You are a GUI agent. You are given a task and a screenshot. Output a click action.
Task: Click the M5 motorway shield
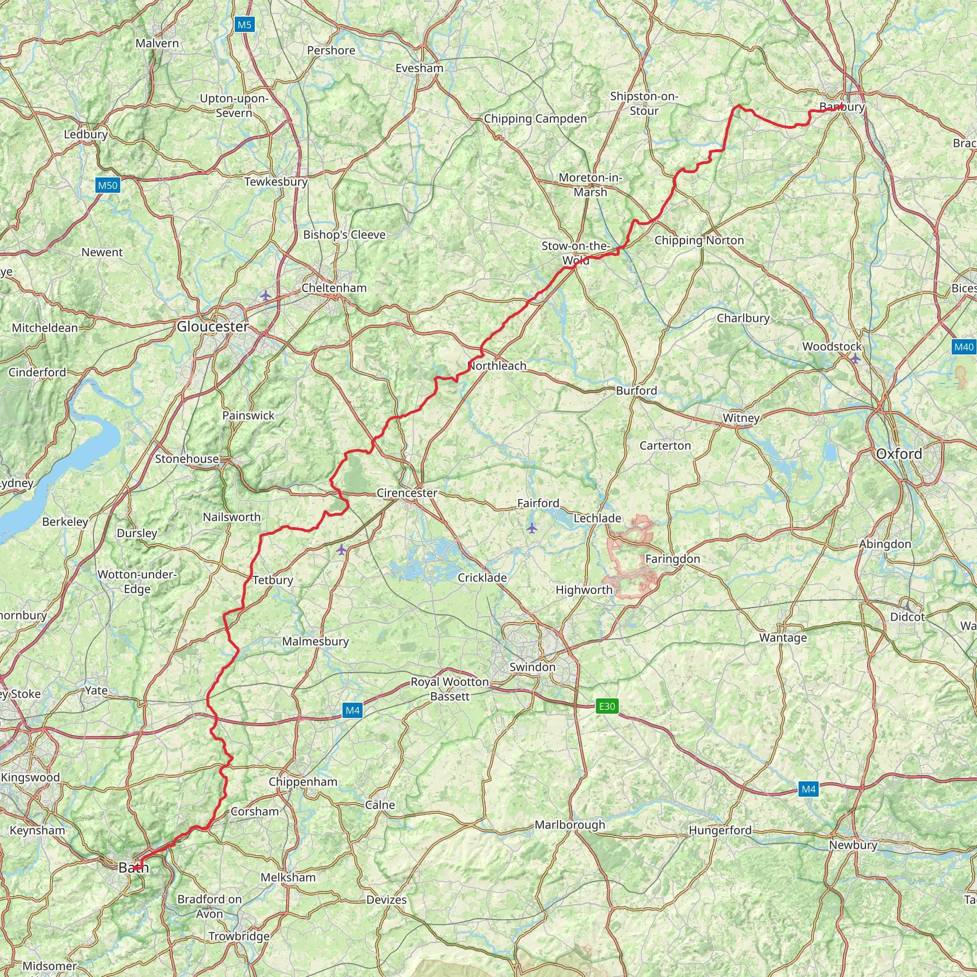[244, 25]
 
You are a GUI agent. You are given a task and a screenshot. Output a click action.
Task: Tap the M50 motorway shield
[107, 185]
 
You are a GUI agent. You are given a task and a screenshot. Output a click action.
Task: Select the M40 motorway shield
[963, 347]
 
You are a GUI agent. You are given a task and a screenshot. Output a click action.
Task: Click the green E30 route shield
[607, 706]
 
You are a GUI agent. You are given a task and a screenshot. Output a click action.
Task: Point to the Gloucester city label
[212, 327]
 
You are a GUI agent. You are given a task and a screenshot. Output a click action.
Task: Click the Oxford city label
[899, 454]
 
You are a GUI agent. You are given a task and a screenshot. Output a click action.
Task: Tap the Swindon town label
[532, 666]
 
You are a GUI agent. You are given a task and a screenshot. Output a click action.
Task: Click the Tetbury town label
[272, 580]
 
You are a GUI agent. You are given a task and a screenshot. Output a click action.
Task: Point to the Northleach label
[497, 365]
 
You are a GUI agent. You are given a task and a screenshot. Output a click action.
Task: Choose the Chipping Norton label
[699, 240]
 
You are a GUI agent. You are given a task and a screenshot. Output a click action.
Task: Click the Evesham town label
[419, 68]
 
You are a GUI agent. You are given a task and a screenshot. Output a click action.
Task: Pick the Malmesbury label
[315, 641]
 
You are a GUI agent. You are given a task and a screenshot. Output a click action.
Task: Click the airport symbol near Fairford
[531, 529]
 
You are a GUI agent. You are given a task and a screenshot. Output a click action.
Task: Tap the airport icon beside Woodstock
[854, 359]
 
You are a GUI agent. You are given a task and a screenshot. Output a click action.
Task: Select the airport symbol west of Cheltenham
[266, 295]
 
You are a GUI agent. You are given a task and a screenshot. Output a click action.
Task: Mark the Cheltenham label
[334, 288]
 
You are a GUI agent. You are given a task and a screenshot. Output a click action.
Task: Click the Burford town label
[636, 390]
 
